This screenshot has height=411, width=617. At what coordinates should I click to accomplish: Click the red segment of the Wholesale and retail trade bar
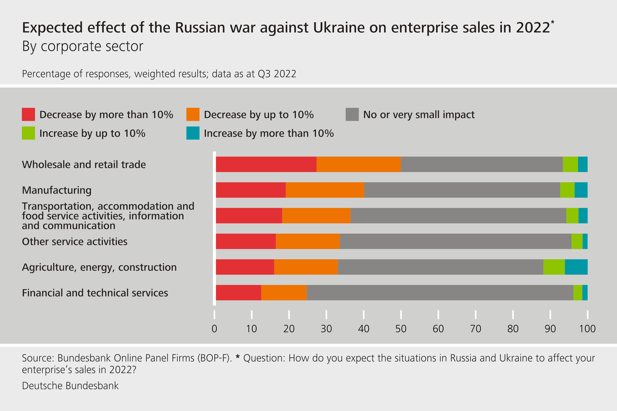pos(266,164)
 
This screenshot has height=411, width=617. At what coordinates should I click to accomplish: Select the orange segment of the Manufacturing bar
pos(325,190)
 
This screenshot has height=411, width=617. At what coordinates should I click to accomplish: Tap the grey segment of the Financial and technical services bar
pos(440,292)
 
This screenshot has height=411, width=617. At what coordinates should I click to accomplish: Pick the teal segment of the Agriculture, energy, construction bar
pos(576,267)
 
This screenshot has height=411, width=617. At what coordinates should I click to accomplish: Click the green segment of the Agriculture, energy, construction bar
pos(554,267)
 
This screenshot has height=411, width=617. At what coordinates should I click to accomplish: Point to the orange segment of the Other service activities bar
pos(308,241)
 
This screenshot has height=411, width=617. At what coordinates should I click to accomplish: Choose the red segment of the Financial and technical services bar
pos(238,292)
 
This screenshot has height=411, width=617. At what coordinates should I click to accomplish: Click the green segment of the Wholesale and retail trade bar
pos(570,164)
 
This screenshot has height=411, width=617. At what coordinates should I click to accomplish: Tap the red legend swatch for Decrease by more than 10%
pos(28,114)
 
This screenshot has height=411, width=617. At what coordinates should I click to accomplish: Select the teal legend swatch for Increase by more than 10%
pos(193,133)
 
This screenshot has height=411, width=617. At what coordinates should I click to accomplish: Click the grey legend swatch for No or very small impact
pos(352,114)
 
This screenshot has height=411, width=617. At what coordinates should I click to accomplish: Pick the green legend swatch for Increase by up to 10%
pos(28,133)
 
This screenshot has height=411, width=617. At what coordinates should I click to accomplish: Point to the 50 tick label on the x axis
pos(401,329)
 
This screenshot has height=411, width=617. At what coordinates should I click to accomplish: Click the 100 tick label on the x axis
pos(587,329)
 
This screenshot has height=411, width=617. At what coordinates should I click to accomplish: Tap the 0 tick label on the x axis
pos(214,329)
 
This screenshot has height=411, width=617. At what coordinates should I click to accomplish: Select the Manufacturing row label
pos(57,190)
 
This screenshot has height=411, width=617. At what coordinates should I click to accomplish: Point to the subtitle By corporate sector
pos(83,46)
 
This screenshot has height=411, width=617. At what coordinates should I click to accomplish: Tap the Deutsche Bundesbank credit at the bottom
pos(70,386)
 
